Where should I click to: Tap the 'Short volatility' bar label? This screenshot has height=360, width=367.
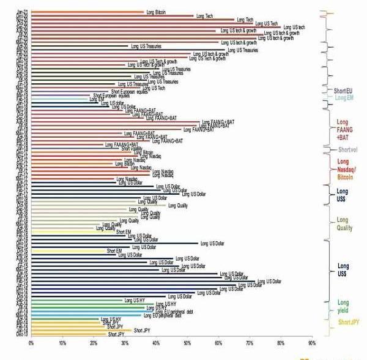pos(132,148)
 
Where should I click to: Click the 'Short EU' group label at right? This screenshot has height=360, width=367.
pos(343,91)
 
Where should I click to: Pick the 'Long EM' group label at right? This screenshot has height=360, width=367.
pos(343,97)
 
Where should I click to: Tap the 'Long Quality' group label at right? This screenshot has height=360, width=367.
pos(343,224)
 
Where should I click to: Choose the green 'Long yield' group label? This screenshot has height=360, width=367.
pos(343,307)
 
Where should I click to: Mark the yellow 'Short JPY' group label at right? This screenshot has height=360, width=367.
pos(349,322)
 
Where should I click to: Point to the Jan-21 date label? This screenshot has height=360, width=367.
pos(21,12)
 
